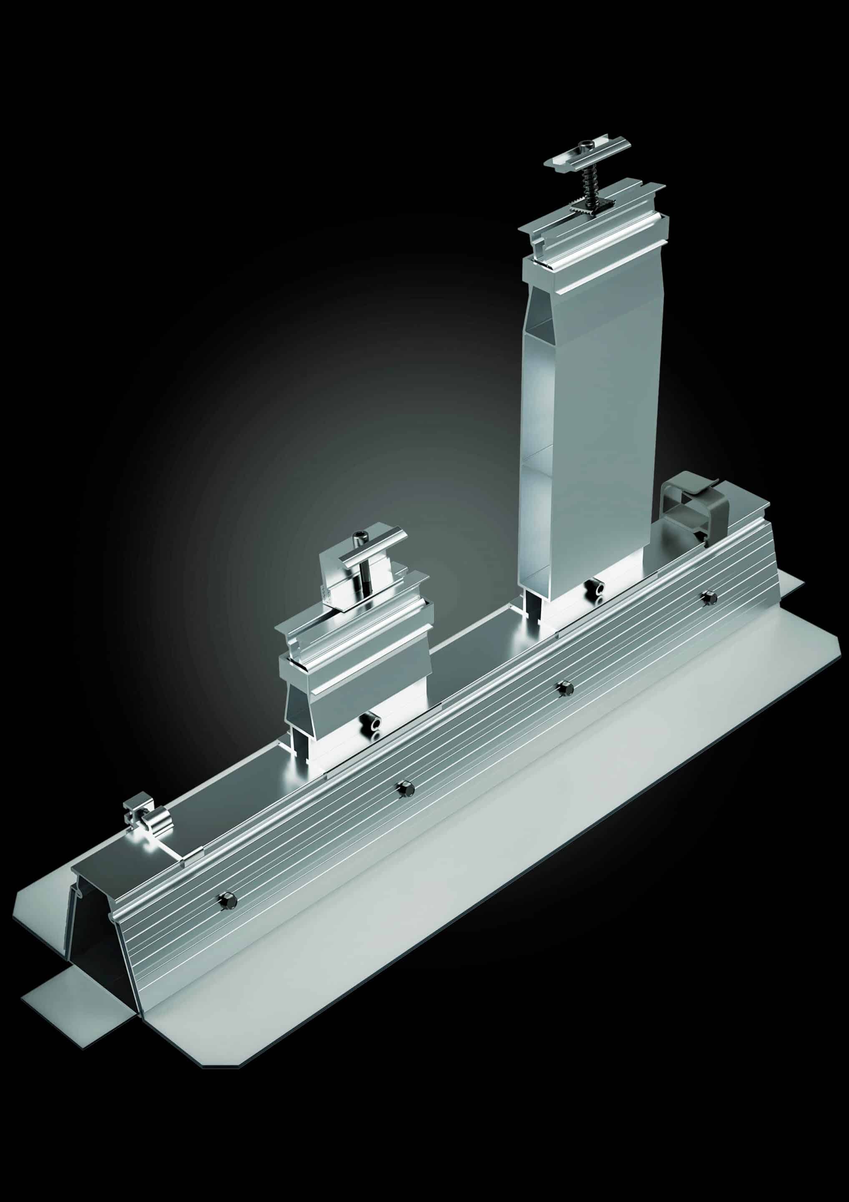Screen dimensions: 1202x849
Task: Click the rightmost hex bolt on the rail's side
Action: pyautogui.click(x=709, y=597)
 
